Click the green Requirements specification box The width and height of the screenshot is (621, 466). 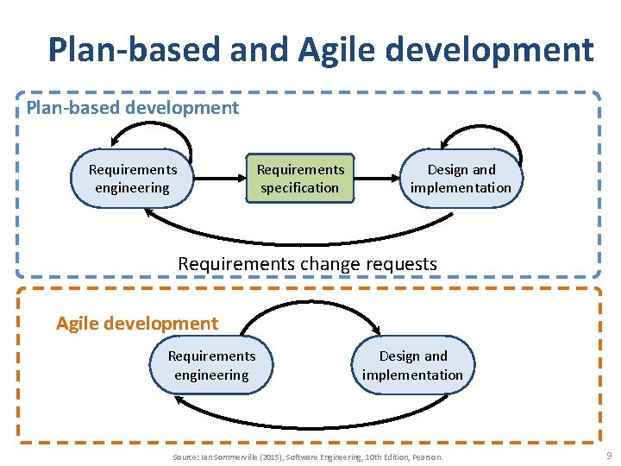point(300,179)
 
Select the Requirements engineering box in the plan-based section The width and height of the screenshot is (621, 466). point(133,179)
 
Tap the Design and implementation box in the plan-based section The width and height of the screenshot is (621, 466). point(461,179)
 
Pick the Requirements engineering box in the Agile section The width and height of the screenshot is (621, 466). point(211,365)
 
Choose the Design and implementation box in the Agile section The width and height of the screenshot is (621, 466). point(412,365)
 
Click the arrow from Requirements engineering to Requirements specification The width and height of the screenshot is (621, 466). point(220,179)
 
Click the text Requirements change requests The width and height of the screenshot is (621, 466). point(307,263)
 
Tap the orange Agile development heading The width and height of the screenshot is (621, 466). point(137,324)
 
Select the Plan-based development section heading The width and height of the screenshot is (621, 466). point(133,108)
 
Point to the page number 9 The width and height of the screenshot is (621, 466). point(609,455)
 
